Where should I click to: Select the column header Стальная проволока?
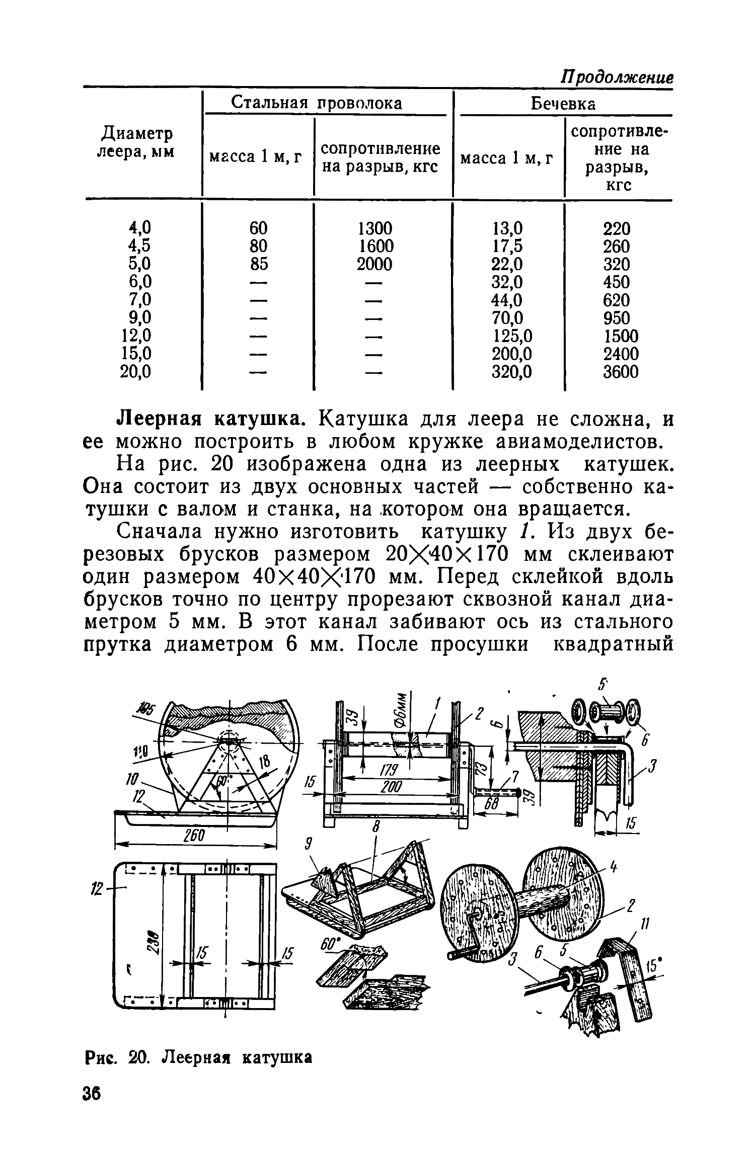317,103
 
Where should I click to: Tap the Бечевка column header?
563,104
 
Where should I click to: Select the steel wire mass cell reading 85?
258,264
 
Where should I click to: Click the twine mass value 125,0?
511,336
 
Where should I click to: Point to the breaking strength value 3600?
621,372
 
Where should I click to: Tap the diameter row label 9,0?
140,317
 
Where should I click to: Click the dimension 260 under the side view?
193,836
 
